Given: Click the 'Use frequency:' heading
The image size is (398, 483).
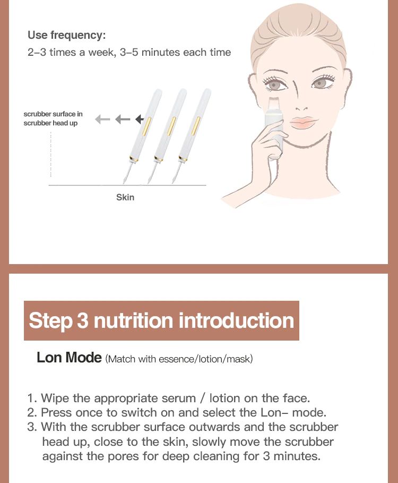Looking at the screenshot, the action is point(66,35).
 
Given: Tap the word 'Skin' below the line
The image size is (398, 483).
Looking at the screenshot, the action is point(125,197).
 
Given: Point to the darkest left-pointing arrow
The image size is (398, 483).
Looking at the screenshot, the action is point(140,119).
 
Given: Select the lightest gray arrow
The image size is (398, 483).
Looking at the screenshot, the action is point(102,119).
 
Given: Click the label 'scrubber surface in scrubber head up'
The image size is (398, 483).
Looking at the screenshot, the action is point(53,118).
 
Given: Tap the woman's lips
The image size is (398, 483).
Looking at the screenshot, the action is point(302,122).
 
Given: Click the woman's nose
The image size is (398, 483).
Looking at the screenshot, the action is point(300,99).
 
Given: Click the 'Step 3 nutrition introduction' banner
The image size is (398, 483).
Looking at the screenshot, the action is point(161,320).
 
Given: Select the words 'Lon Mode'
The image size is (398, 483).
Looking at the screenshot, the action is point(69,358).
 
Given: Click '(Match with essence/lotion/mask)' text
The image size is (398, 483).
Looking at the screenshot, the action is point(179,359).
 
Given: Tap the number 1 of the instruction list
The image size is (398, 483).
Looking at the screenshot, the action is point(32,399).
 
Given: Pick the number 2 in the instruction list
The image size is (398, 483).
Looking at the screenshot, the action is point(32,413).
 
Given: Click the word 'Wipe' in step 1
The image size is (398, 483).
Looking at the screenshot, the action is point(55,399).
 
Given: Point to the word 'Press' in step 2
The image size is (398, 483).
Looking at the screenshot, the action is point(57,413).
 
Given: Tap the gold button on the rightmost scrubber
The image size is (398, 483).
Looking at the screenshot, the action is point(196,126).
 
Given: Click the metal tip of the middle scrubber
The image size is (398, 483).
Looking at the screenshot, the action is point(151,173).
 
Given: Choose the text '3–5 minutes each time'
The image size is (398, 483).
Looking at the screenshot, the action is point(175,52).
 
